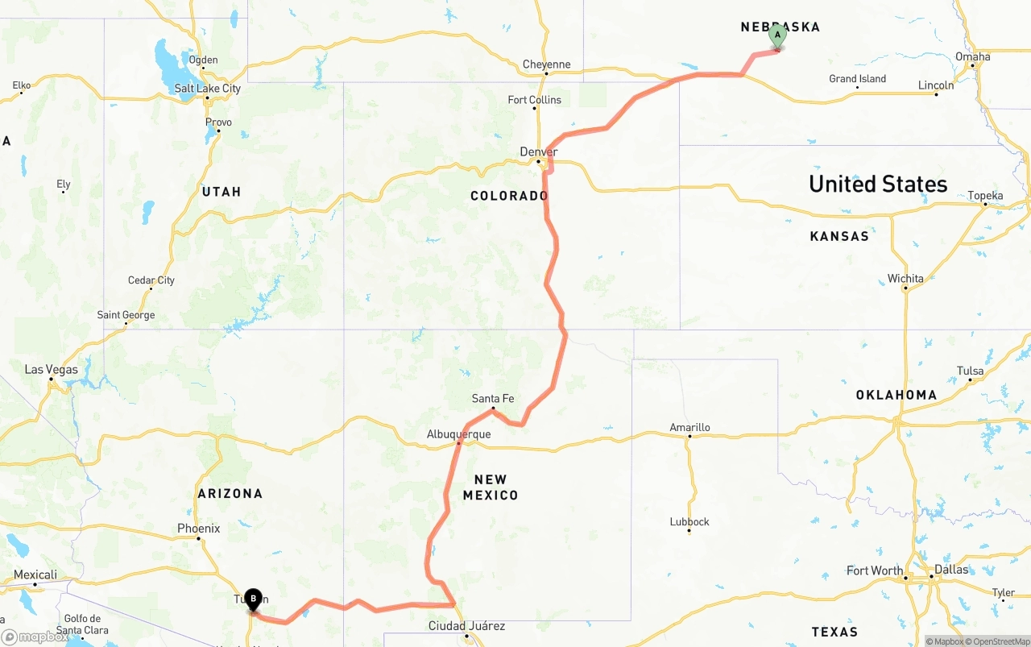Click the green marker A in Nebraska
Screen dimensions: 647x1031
click(x=777, y=36)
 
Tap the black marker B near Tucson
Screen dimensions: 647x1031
click(x=253, y=599)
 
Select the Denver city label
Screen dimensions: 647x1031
click(x=538, y=151)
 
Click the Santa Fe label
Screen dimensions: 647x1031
click(x=492, y=399)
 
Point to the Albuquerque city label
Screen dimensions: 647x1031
click(x=458, y=434)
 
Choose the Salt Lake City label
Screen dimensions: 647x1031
click(x=207, y=88)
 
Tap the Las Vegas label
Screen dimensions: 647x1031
click(x=51, y=370)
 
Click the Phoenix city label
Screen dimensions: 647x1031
click(x=198, y=529)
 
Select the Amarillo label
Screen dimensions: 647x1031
click(x=689, y=427)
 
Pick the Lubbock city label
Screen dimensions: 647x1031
click(x=689, y=521)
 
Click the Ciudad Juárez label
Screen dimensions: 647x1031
click(x=466, y=626)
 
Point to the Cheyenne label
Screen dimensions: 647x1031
click(x=546, y=64)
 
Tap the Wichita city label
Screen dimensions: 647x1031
click(x=905, y=279)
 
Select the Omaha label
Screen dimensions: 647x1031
click(x=972, y=56)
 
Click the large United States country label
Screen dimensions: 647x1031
click(x=878, y=184)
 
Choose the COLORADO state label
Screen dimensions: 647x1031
click(x=509, y=196)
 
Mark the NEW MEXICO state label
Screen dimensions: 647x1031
click(x=490, y=487)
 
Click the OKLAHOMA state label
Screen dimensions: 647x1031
click(x=896, y=395)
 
